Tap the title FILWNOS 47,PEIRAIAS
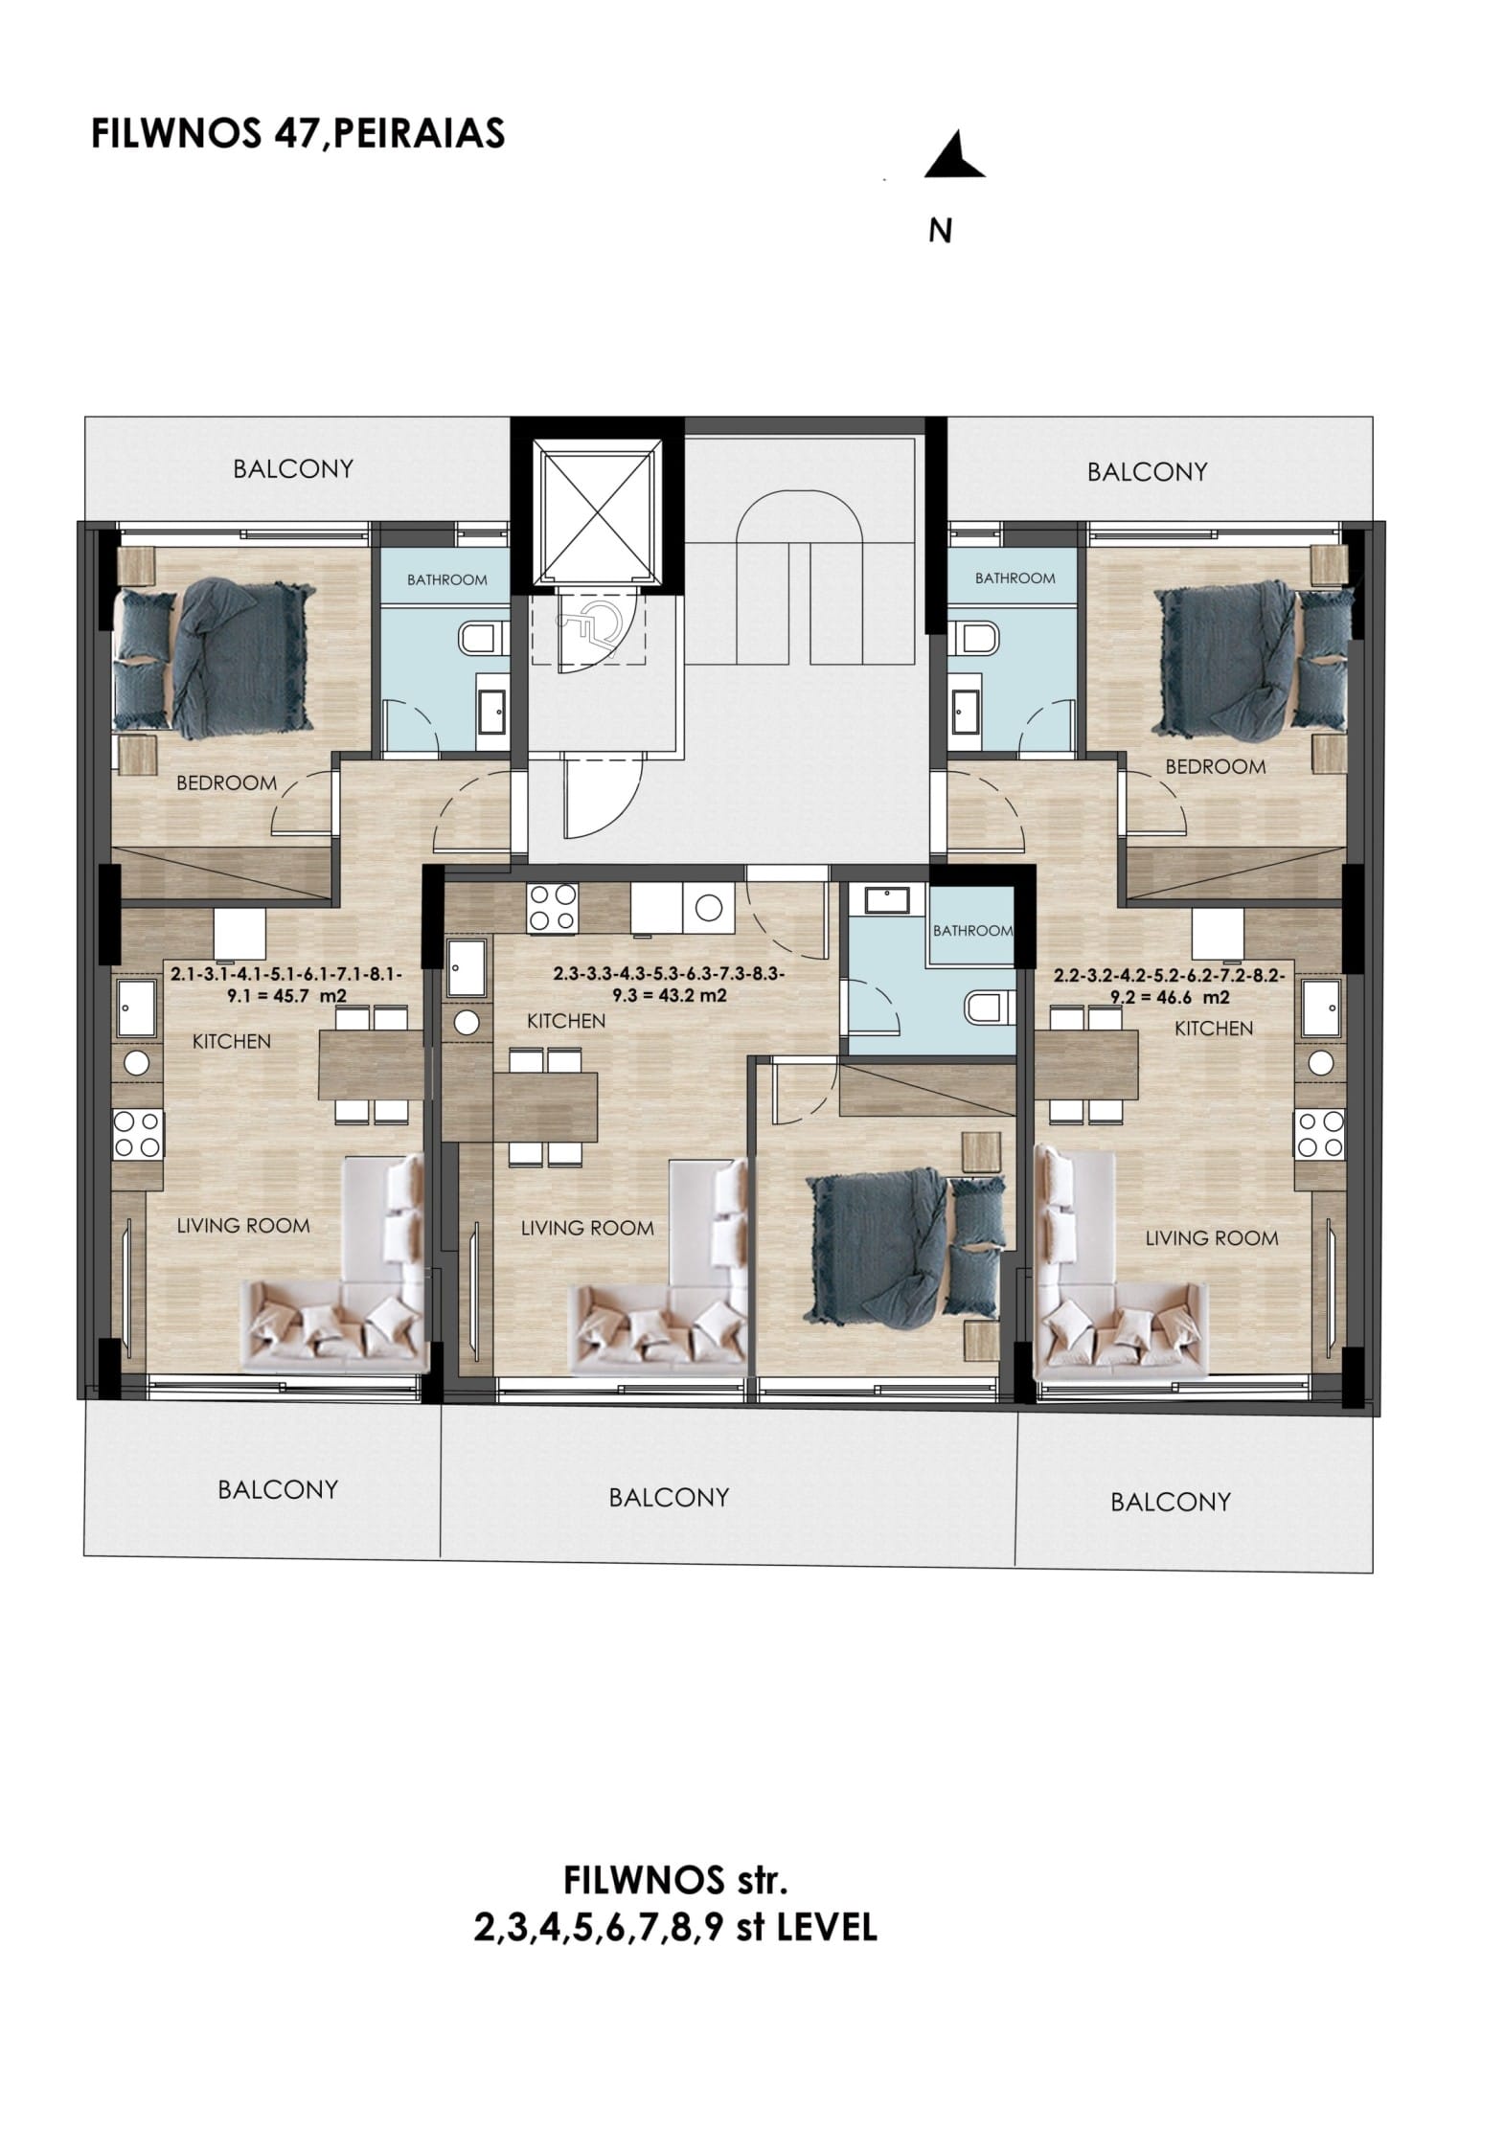297,134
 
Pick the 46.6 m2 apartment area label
1170,986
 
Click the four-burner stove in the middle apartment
553,906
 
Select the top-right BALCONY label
1147,471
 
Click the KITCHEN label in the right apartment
1214,1029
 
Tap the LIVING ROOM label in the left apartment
243,1225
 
